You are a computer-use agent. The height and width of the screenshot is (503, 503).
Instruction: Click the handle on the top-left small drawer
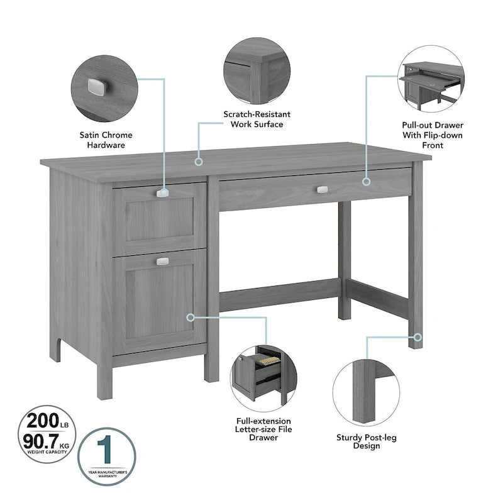click(163, 194)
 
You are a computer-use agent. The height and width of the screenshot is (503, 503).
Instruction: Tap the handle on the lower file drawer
click(163, 261)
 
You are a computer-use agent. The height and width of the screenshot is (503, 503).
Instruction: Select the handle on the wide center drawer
click(323, 189)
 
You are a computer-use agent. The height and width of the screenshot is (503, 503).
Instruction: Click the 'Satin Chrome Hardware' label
click(106, 140)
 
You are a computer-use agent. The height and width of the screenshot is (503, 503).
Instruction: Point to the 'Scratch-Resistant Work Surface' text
click(257, 119)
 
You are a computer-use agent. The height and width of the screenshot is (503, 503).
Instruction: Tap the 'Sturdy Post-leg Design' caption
click(365, 441)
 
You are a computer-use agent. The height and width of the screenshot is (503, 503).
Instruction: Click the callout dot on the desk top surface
click(199, 162)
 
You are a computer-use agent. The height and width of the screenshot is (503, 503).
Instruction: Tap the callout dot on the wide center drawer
click(367, 182)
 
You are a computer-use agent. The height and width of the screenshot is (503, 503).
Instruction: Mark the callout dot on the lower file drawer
click(191, 318)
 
